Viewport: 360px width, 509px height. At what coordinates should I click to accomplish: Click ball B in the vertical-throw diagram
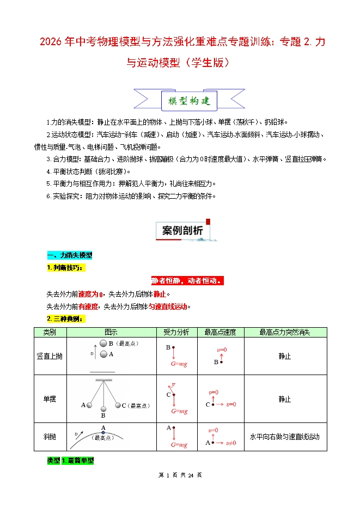click(103, 344)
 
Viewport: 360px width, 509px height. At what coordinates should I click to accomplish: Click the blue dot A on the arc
click(102, 432)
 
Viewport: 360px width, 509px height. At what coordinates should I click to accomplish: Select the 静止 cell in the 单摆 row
click(285, 399)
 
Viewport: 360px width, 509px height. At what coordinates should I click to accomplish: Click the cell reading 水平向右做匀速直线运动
click(285, 437)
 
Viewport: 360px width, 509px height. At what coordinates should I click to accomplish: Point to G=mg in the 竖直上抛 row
click(179, 364)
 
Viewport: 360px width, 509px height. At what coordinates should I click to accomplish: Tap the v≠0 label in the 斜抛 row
click(230, 443)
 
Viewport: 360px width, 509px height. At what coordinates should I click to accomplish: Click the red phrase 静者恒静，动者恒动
click(187, 281)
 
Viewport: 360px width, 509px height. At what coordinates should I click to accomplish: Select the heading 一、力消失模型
click(70, 255)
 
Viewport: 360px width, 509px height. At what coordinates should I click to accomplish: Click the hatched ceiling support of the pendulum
click(103, 380)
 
